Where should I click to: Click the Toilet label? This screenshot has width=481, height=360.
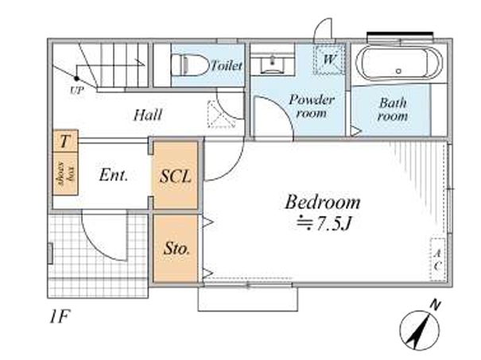tap(227, 65)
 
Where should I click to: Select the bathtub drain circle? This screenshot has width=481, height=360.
tap(398, 72)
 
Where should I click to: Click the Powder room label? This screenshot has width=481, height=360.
tap(312, 106)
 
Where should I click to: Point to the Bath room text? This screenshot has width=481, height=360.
tap(393, 109)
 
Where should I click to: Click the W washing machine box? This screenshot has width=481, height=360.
tap(329, 60)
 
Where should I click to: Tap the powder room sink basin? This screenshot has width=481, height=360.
tap(273, 64)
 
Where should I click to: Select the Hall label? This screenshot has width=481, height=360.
tap(148, 115)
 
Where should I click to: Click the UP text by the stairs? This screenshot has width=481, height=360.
tap(76, 91)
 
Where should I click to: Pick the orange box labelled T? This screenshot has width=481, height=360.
tap(65, 141)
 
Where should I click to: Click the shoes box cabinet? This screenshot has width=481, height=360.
tap(65, 173)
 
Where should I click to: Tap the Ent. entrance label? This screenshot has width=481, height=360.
tap(113, 176)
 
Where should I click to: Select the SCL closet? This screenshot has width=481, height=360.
tap(175, 176)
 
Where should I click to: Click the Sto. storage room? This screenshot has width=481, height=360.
tap(175, 249)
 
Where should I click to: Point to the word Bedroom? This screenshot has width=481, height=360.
tap(323, 203)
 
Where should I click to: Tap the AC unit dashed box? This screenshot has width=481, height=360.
tap(438, 259)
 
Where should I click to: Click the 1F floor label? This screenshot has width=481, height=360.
tap(60, 317)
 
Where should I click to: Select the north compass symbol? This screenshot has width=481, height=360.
tap(421, 327)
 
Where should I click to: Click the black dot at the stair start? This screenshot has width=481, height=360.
tap(76, 79)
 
